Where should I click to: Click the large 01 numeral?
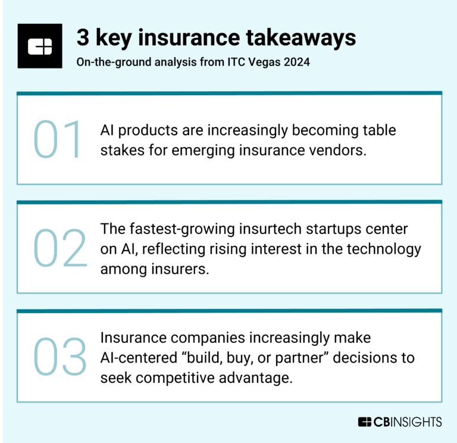(x=58, y=140)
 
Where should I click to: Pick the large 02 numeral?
(x=60, y=248)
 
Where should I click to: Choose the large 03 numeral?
(x=60, y=357)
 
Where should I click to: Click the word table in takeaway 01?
(x=376, y=130)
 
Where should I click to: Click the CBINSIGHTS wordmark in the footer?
(x=400, y=422)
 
